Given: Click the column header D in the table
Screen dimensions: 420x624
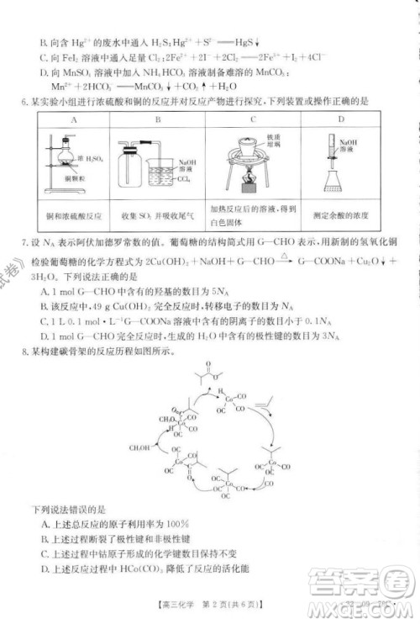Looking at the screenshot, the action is coord(341,120).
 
